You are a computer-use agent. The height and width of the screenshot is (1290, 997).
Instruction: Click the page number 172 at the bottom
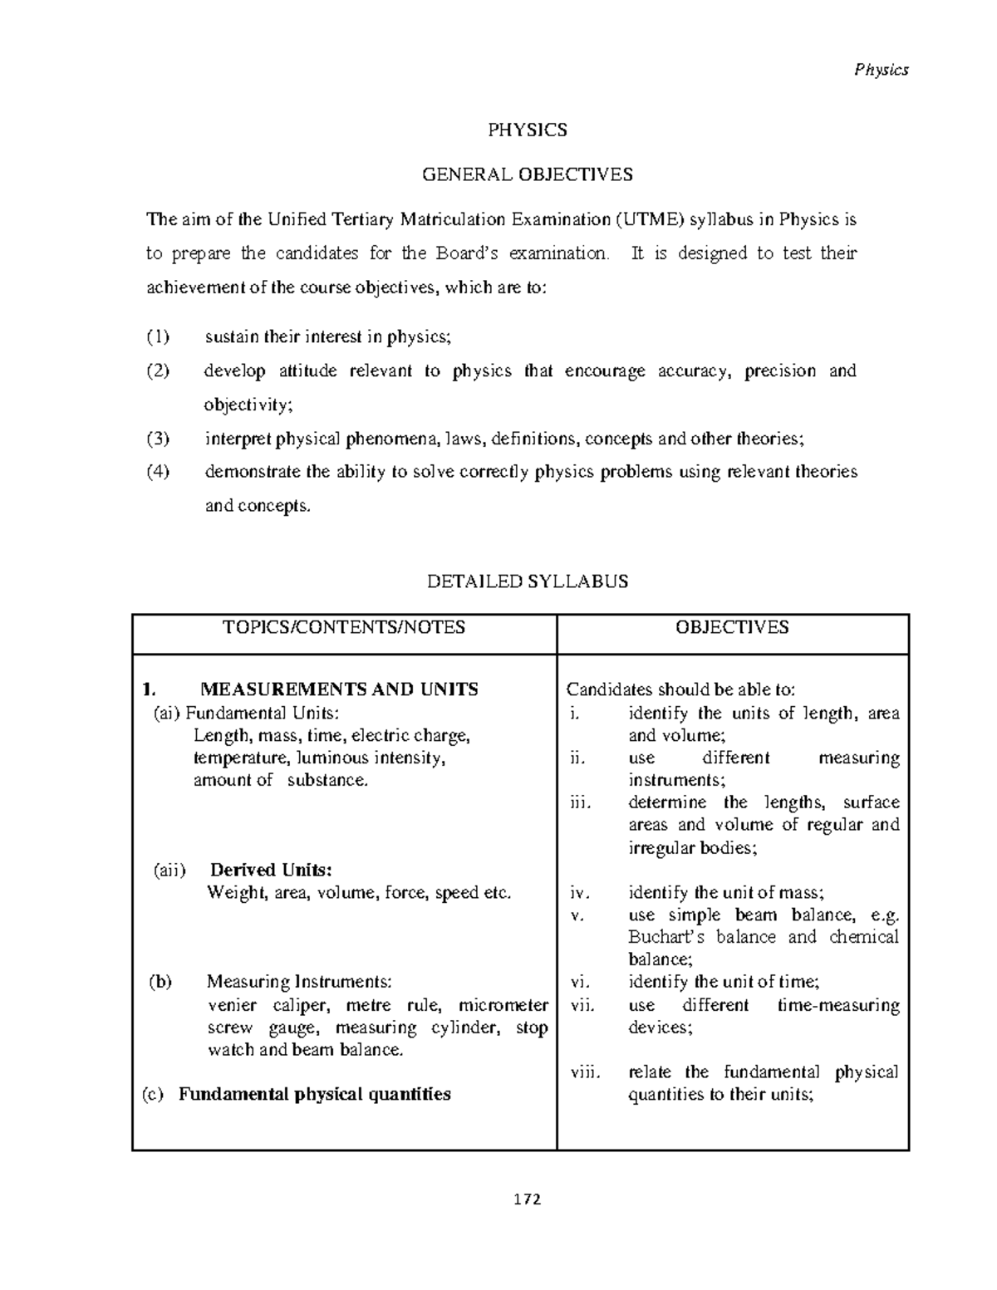(x=528, y=1199)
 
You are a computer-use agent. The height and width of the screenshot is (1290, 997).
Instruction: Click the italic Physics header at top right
(x=882, y=70)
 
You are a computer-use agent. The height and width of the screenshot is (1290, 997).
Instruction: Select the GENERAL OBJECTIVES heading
(x=528, y=174)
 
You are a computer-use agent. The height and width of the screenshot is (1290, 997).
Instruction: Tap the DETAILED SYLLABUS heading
(x=528, y=581)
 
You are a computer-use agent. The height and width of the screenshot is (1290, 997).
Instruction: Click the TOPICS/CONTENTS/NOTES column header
(x=344, y=627)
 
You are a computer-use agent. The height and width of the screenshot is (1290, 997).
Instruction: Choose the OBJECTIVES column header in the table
(x=732, y=627)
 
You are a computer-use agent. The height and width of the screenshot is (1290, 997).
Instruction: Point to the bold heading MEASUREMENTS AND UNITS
(x=339, y=689)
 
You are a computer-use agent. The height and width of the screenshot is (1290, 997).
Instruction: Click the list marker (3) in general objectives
(x=158, y=439)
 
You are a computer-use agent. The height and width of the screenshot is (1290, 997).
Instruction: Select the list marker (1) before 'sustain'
(x=158, y=337)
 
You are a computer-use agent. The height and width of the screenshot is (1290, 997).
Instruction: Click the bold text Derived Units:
(x=271, y=871)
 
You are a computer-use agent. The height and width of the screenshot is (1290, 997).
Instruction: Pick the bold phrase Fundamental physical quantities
(x=315, y=1094)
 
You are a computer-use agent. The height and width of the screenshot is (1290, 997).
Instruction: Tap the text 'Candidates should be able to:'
(x=680, y=689)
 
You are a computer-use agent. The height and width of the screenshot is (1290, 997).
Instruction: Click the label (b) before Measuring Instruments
(x=160, y=982)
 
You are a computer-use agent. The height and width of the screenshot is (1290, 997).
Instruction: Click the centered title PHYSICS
(x=528, y=130)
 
